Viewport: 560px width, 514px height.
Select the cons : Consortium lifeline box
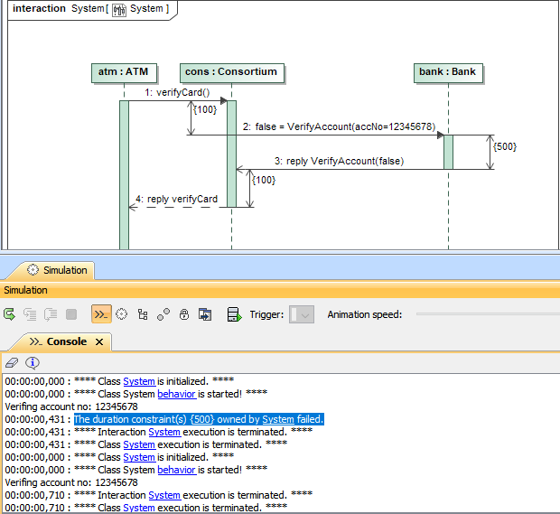(x=230, y=72)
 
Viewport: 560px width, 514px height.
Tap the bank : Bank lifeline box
(x=448, y=72)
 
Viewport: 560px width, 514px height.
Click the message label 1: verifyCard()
(x=177, y=92)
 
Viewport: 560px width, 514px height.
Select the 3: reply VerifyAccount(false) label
(x=344, y=162)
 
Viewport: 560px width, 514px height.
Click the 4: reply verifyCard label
(x=176, y=199)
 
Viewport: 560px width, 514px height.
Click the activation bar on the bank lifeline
(x=448, y=151)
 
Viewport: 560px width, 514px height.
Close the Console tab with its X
(x=99, y=342)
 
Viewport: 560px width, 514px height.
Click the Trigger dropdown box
(x=302, y=314)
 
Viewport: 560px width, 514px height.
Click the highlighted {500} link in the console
(x=201, y=419)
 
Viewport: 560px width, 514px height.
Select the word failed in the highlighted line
(x=310, y=419)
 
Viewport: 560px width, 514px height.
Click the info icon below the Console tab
(x=33, y=362)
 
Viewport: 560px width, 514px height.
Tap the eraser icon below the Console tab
(x=12, y=362)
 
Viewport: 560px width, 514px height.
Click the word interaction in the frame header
(x=39, y=9)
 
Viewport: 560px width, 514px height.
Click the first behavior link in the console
(x=176, y=394)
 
